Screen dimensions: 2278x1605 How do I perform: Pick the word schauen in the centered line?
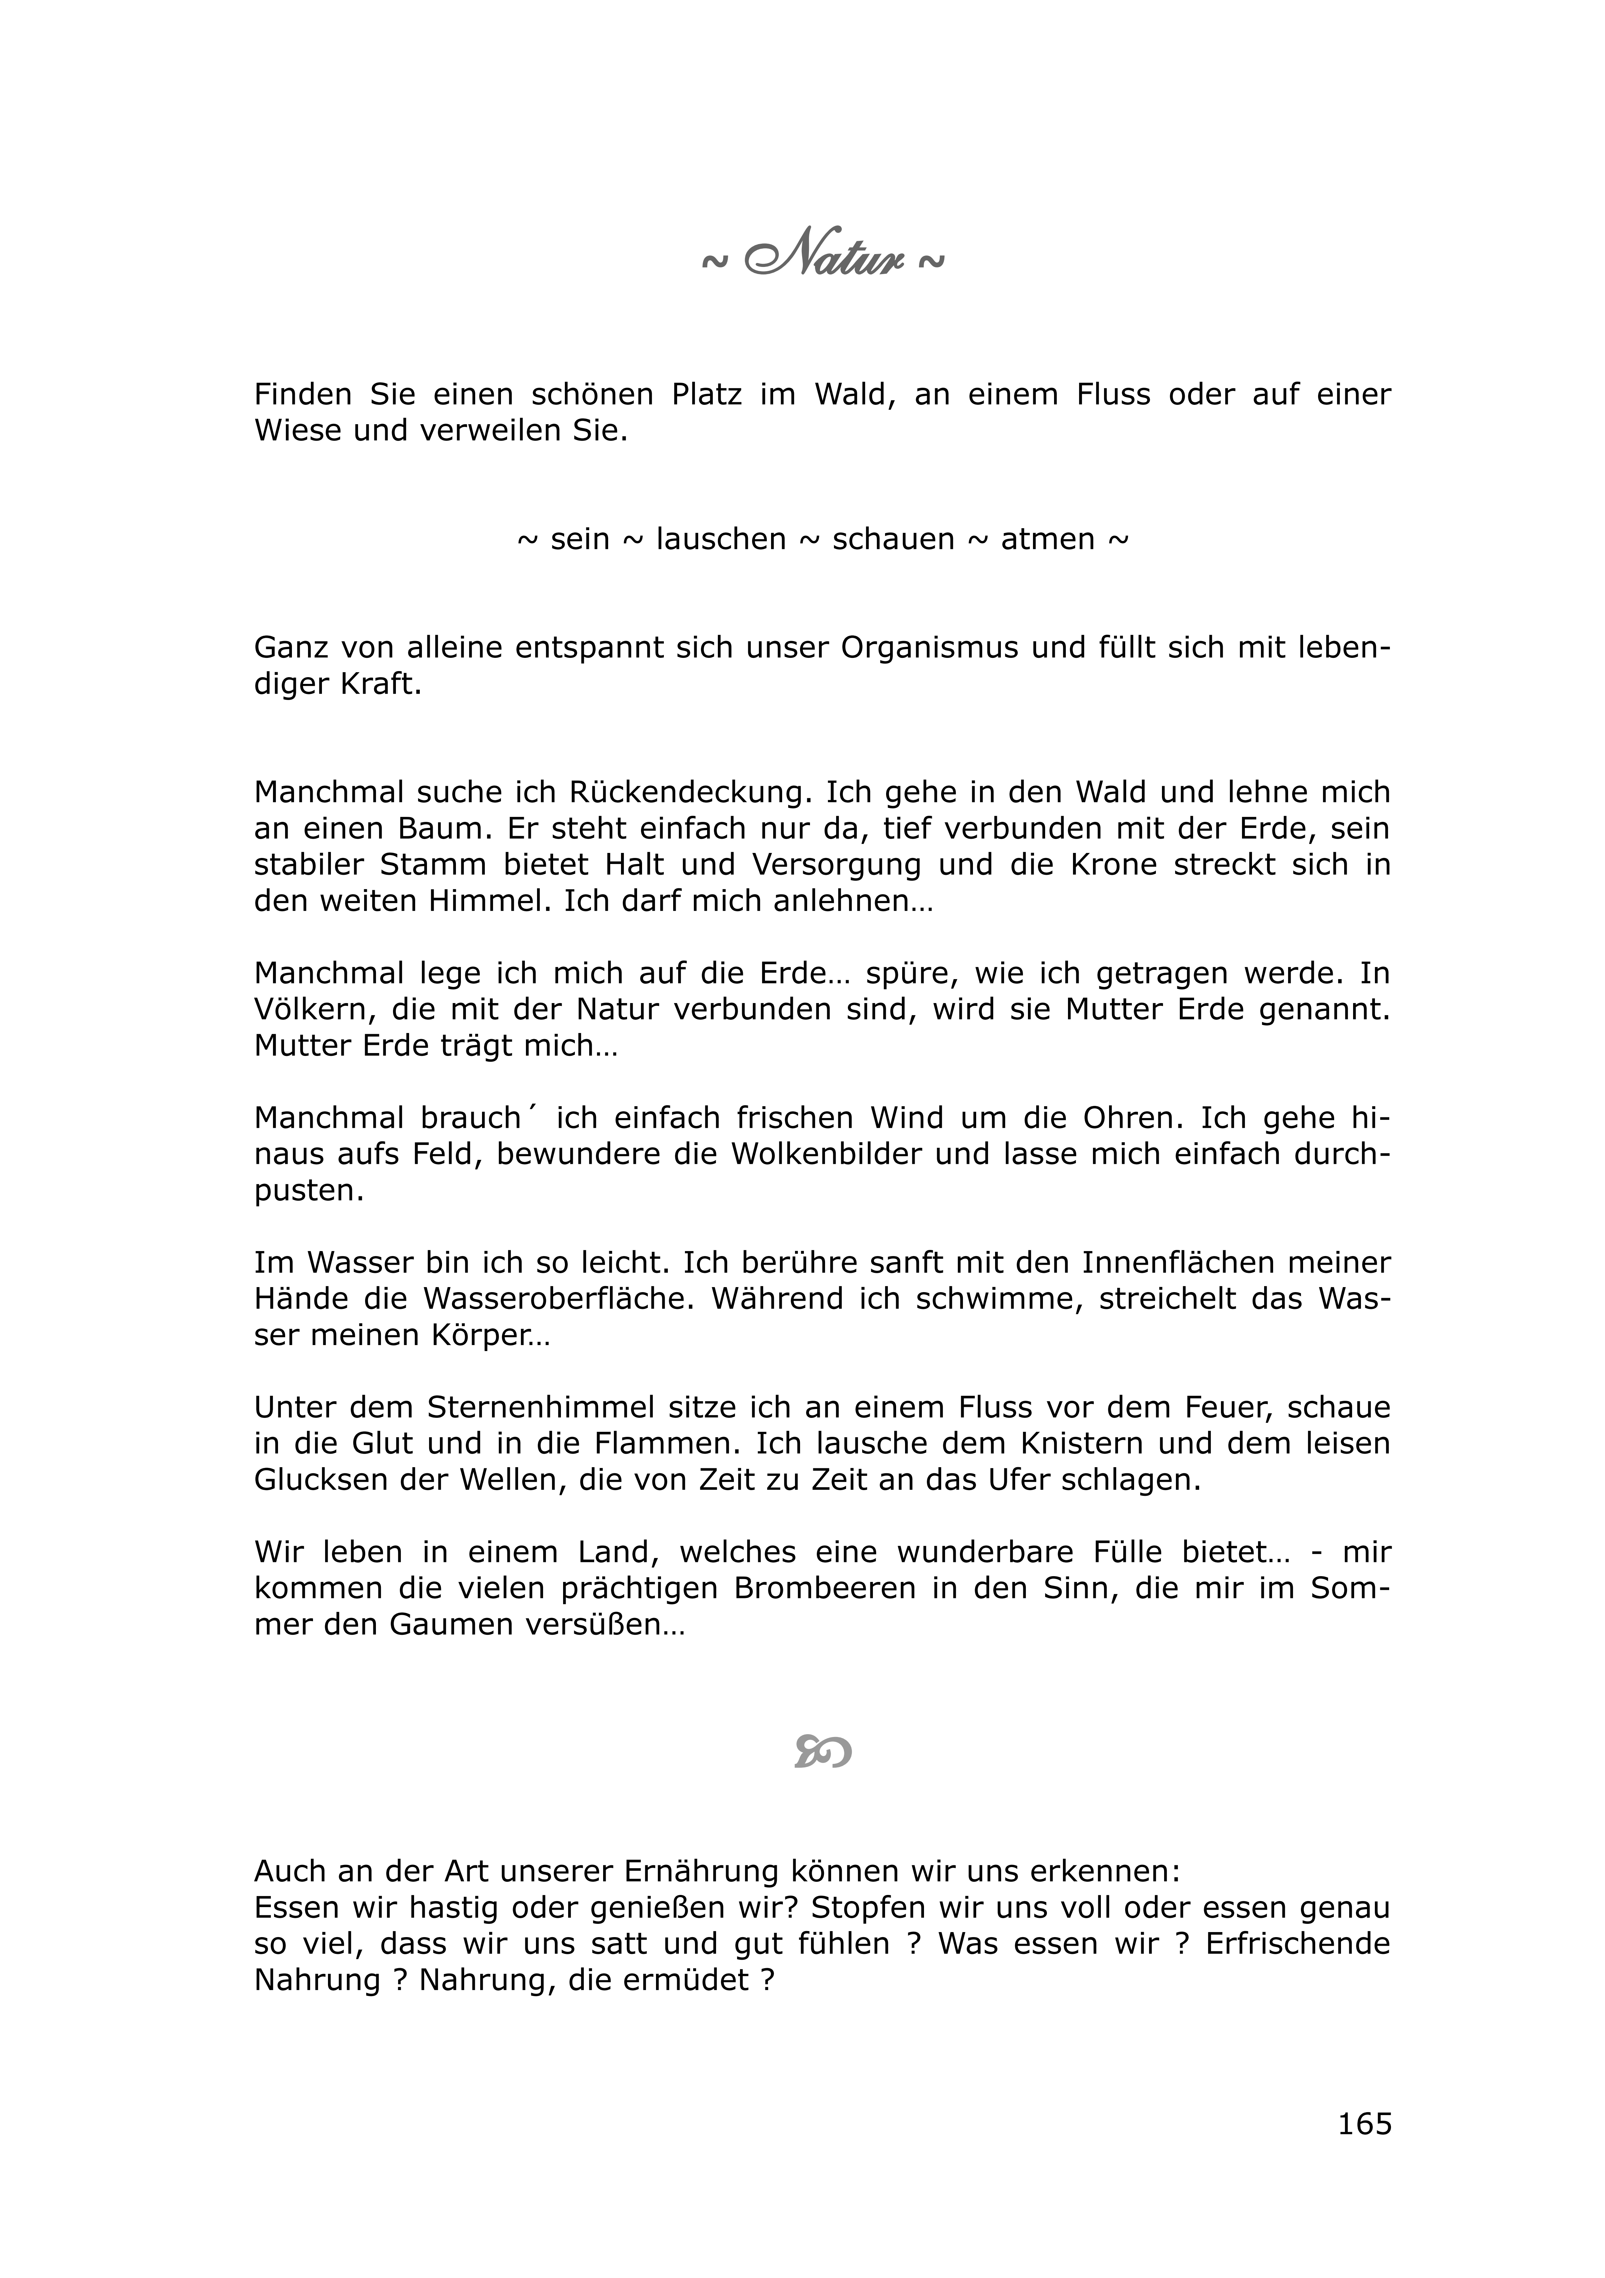893,540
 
